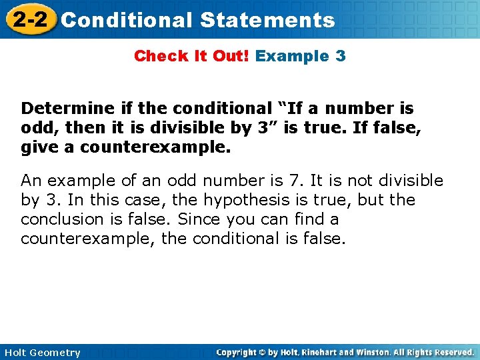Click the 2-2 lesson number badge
[29, 19]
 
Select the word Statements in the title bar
[267, 20]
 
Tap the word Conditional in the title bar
[127, 20]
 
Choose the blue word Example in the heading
[292, 56]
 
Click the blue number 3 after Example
[341, 56]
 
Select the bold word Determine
[61, 109]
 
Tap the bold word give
[37, 147]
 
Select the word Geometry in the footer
[55, 353]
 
